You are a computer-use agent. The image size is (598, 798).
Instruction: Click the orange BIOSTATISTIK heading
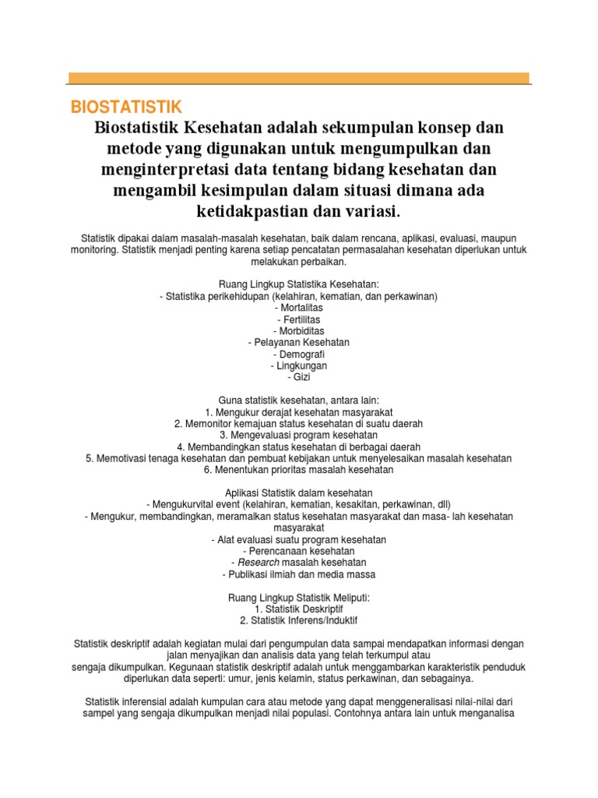pos(125,106)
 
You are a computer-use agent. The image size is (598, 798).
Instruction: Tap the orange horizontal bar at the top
pos(299,78)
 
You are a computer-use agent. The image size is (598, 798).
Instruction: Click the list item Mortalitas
pos(299,309)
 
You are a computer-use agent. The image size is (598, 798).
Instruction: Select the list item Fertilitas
pos(299,320)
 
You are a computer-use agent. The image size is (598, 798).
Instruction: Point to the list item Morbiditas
pos(299,331)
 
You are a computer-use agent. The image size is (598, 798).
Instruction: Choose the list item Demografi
pos(299,354)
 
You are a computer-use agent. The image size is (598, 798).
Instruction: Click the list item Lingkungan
pos(299,365)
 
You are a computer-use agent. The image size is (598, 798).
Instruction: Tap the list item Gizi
pos(299,376)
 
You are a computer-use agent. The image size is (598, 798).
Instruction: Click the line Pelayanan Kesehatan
pos(299,342)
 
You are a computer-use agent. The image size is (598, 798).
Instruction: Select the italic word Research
pos(259,563)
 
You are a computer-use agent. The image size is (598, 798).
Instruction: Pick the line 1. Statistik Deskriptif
pos(299,608)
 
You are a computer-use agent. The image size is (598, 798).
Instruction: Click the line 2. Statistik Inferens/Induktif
pos(299,620)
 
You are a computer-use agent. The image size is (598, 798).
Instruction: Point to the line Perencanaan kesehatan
pos(299,551)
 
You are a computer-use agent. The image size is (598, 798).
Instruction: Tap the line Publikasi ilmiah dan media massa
pos(299,574)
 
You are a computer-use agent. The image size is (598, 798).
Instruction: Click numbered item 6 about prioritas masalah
pos(299,470)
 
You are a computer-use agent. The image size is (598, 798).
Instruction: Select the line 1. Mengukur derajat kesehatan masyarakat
pos(299,411)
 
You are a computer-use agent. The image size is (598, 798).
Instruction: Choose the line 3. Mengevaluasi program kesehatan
pos(299,435)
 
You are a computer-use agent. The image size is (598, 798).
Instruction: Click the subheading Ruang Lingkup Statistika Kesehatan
pos(299,285)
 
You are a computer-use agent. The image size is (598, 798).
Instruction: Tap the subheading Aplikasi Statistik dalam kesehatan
pos(299,493)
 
